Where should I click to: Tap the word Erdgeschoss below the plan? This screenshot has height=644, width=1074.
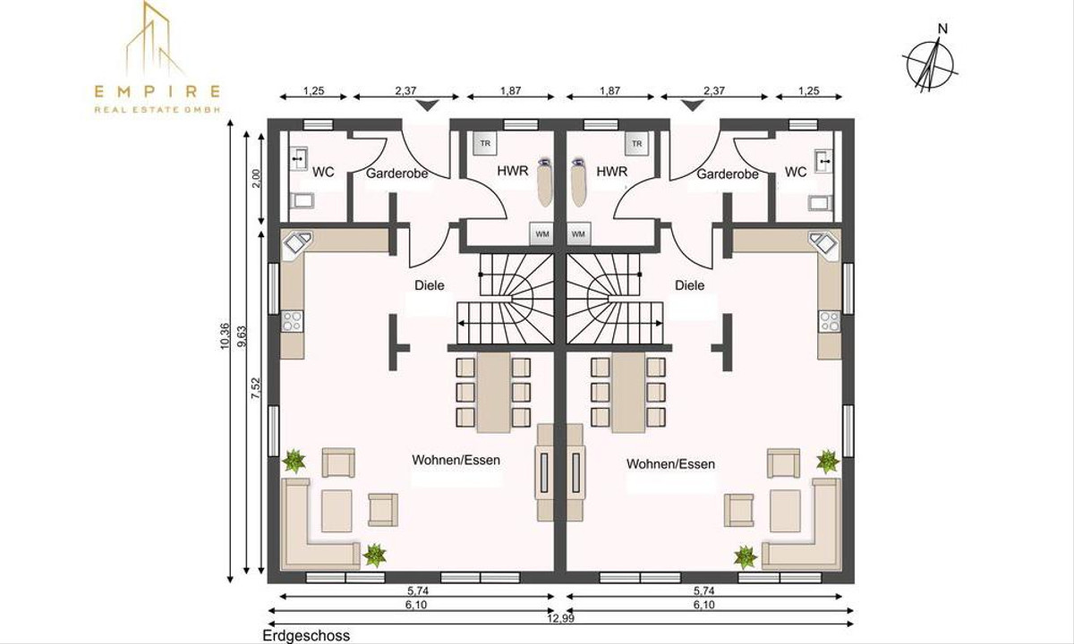coord(307,636)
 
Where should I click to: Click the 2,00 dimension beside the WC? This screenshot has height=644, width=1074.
coord(255,178)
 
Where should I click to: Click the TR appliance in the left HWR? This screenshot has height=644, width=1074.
coord(485,143)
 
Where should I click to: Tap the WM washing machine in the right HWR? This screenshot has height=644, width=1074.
coord(578,233)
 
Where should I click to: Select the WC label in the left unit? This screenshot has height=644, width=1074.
coord(323,172)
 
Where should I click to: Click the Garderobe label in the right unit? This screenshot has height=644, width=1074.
coord(728,174)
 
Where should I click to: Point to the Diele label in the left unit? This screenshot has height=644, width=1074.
coord(430,285)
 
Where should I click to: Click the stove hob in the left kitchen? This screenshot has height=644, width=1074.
coord(292,320)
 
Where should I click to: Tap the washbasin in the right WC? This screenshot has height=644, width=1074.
coord(823,161)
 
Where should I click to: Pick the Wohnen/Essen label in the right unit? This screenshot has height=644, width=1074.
coord(670,464)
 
